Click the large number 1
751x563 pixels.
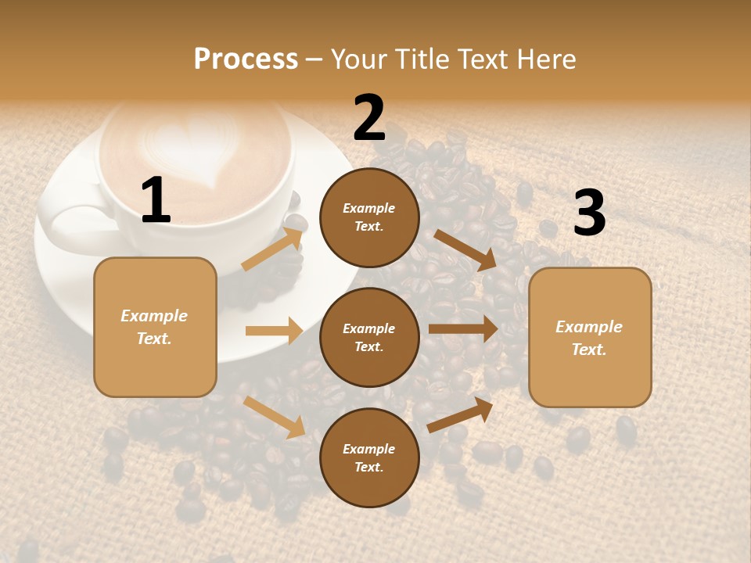coord(156,201)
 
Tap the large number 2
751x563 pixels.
coord(369,118)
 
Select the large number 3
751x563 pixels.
coord(590,213)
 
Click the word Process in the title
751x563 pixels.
coord(246,59)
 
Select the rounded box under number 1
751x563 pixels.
coord(155,327)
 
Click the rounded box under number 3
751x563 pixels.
coord(590,337)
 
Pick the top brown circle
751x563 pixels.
coord(369,217)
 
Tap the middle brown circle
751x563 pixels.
coord(369,337)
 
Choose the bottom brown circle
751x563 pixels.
coord(369,457)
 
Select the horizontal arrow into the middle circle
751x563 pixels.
coord(274,331)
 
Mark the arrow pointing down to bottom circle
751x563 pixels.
coord(275,416)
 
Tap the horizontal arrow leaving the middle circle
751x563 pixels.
coord(463,328)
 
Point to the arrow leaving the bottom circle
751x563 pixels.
coord(461,414)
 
